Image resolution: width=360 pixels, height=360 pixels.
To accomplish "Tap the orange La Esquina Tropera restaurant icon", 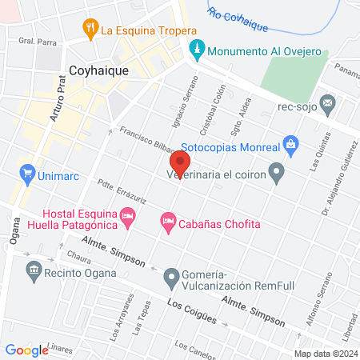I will (x=90, y=30).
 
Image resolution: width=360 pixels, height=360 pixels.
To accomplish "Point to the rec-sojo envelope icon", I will (x=327, y=102).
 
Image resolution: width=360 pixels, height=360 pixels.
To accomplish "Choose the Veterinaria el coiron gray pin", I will (x=276, y=170).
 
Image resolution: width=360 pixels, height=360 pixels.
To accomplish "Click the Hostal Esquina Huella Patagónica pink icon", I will (x=127, y=216).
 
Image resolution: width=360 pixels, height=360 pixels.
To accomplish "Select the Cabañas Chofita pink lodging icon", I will (x=167, y=221).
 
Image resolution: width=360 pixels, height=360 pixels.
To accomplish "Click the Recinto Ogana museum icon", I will (x=34, y=272).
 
